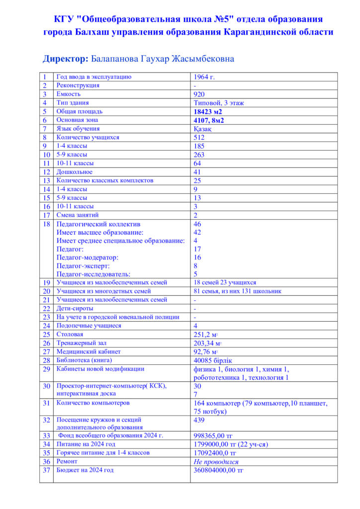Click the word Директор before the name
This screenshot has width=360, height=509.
point(66,59)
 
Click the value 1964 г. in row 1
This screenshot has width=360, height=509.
point(204,77)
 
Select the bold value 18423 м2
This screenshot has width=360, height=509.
point(208,112)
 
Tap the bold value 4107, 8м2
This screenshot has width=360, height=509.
point(209,120)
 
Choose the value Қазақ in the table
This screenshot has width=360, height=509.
point(202,129)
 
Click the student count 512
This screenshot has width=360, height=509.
point(199,138)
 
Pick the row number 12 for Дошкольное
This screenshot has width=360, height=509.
point(46,172)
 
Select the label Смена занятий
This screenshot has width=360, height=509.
point(78,215)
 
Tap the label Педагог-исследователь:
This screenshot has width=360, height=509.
point(93,274)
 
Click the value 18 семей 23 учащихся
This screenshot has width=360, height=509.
point(225,282)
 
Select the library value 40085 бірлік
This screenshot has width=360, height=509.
point(213,360)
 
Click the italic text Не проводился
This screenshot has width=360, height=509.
point(216,462)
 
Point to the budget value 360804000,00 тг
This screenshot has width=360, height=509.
point(218,470)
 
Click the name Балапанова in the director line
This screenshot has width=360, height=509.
point(117,59)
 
